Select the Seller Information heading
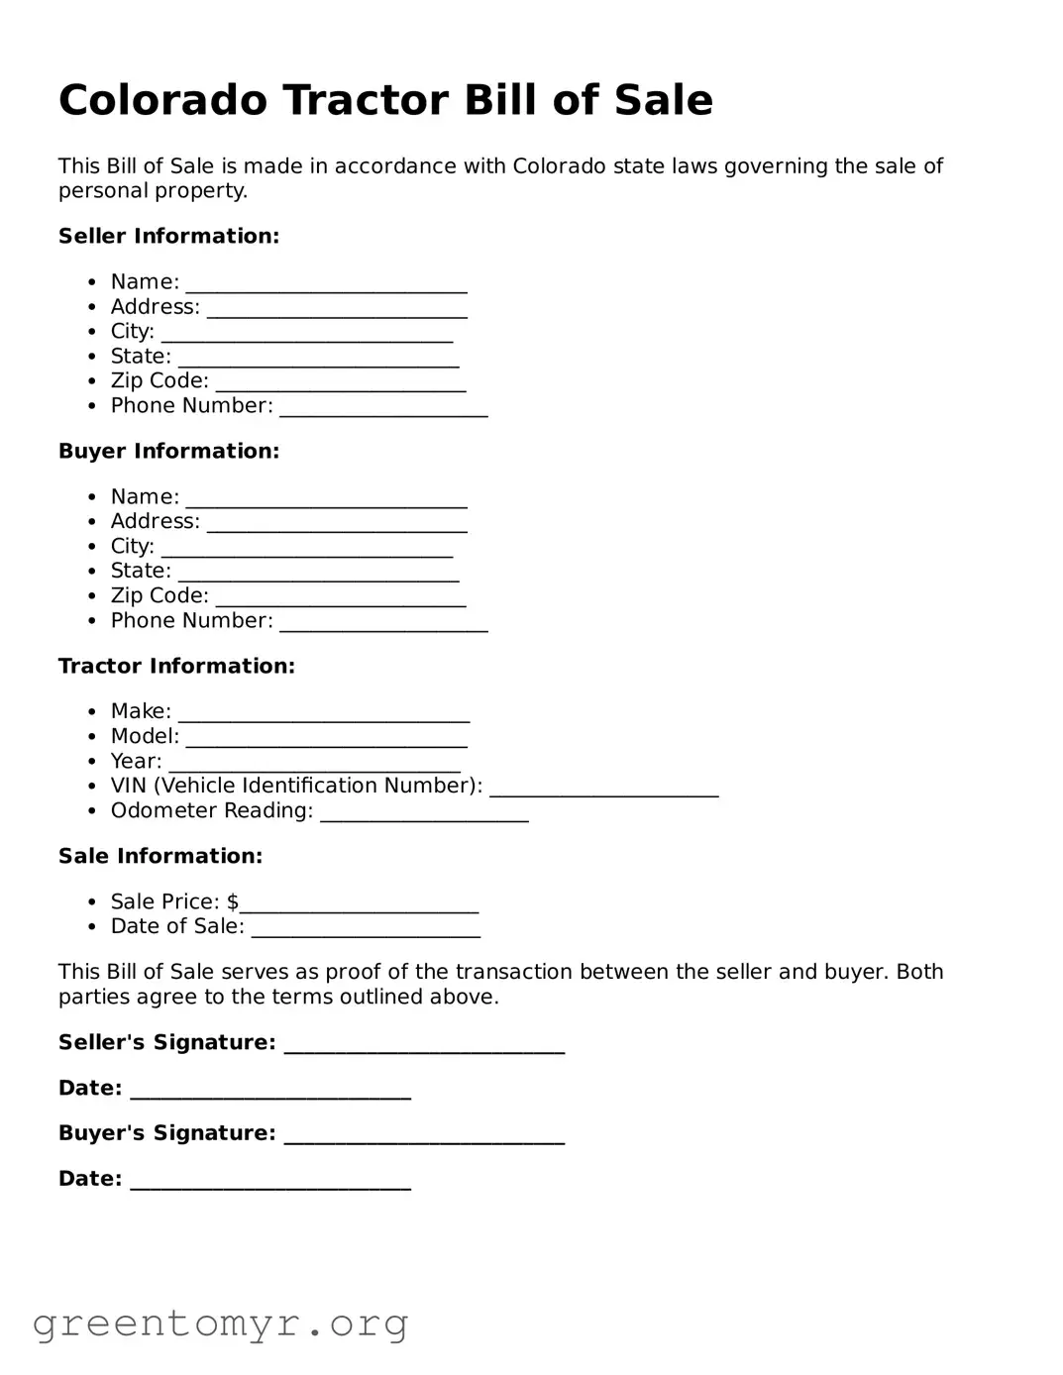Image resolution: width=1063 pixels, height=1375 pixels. click(168, 236)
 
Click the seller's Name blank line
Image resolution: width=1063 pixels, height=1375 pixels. click(326, 287)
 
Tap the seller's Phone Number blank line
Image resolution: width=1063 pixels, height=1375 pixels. click(383, 411)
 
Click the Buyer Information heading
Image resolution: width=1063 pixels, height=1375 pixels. click(168, 451)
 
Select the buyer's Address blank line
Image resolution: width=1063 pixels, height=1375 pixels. click(337, 526)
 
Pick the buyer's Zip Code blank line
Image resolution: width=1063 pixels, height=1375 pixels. click(340, 600)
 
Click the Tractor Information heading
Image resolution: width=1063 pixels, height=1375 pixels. click(176, 666)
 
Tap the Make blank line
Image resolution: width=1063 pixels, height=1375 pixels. click(324, 716)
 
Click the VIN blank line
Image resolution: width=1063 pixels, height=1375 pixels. click(603, 791)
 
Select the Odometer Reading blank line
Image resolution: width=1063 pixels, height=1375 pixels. click(424, 815)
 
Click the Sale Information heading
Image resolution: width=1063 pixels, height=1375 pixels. click(160, 856)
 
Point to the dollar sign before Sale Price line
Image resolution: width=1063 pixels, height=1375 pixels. click(233, 901)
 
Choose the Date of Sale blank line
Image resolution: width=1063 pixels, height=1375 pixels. click(365, 931)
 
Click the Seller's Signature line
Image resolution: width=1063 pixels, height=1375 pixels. click(424, 1047)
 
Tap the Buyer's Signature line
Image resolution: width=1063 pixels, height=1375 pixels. click(424, 1138)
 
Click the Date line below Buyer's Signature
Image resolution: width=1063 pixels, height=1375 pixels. click(270, 1184)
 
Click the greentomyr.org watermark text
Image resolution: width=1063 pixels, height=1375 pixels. click(220, 1322)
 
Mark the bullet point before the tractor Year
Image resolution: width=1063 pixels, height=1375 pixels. click(92, 762)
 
